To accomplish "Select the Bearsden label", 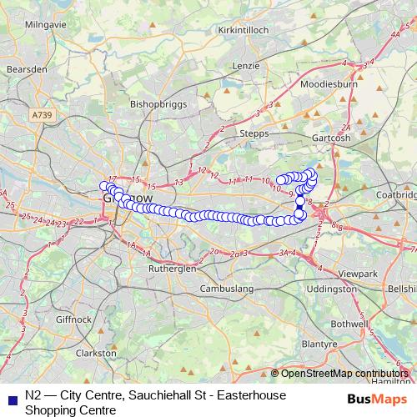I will click(25, 69).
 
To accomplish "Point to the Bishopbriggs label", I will click(156, 104).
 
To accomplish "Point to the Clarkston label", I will click(96, 353).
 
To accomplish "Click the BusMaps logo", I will click(374, 398).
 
